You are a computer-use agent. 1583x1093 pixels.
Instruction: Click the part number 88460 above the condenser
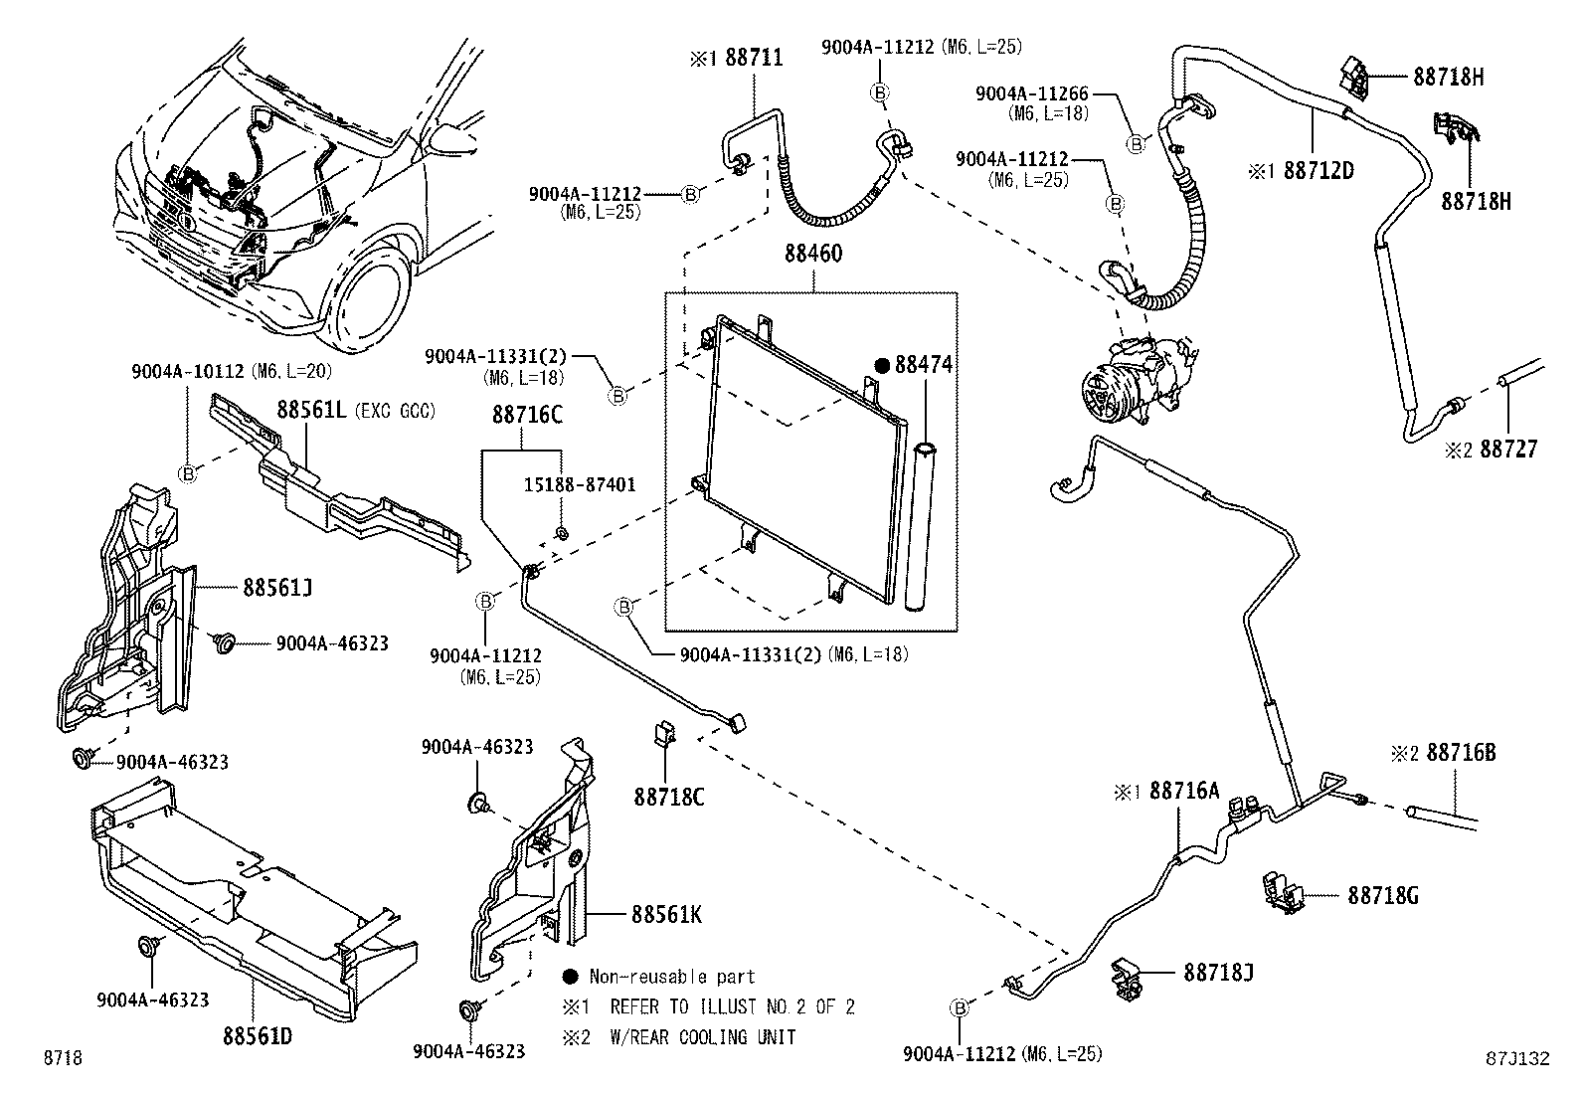pos(812,255)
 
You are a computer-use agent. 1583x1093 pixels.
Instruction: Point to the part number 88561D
pos(257,1036)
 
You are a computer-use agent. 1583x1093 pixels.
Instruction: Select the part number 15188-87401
pos(580,484)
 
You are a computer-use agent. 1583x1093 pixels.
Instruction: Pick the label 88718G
pos(1383,896)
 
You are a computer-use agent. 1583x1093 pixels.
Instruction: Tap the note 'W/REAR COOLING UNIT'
pos(703,1037)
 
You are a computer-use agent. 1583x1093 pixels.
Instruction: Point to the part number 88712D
pos(1319,170)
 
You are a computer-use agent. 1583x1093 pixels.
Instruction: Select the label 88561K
pos(664,914)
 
